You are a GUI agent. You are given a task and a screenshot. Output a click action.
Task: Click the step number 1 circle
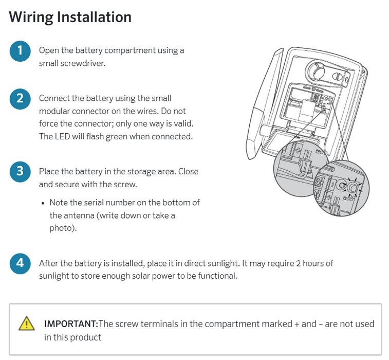20,50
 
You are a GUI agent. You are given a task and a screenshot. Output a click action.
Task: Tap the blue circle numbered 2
20,98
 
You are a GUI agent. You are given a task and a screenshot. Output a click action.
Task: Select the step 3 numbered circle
20,171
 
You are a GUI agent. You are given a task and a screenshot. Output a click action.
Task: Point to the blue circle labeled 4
20,263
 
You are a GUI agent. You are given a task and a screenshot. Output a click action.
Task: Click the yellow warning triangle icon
27,323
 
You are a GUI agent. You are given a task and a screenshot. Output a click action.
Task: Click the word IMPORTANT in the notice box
70,324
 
